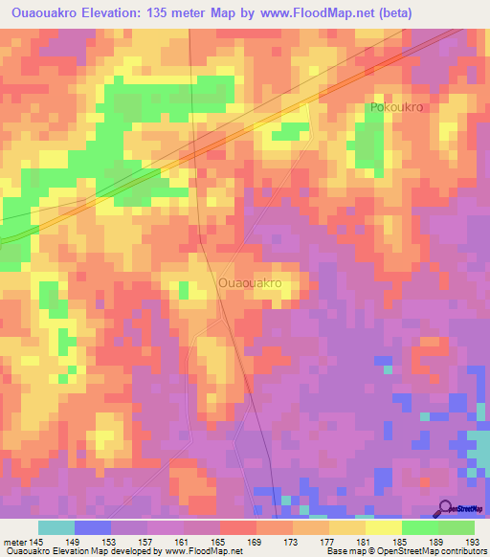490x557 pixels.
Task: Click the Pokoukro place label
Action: point(396,108)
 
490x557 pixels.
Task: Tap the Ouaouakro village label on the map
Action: point(250,284)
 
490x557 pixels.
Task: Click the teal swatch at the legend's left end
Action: point(56,527)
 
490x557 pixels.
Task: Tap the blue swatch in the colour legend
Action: point(93,527)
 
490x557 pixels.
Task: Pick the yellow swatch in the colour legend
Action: point(384,527)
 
